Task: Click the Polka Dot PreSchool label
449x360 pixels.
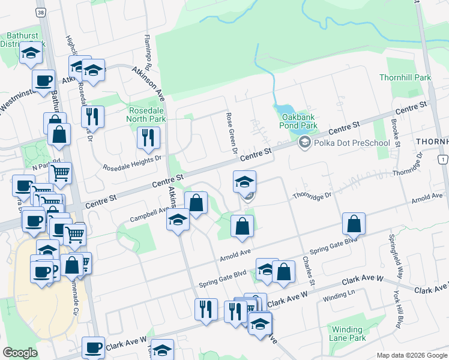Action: (x=344, y=143)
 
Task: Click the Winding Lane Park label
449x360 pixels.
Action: (x=347, y=334)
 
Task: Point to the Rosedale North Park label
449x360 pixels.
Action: (x=147, y=114)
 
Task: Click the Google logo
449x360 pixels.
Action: (x=20, y=353)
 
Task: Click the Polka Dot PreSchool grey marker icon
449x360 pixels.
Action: (x=305, y=143)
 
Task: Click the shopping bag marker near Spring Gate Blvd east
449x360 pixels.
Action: (x=354, y=224)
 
